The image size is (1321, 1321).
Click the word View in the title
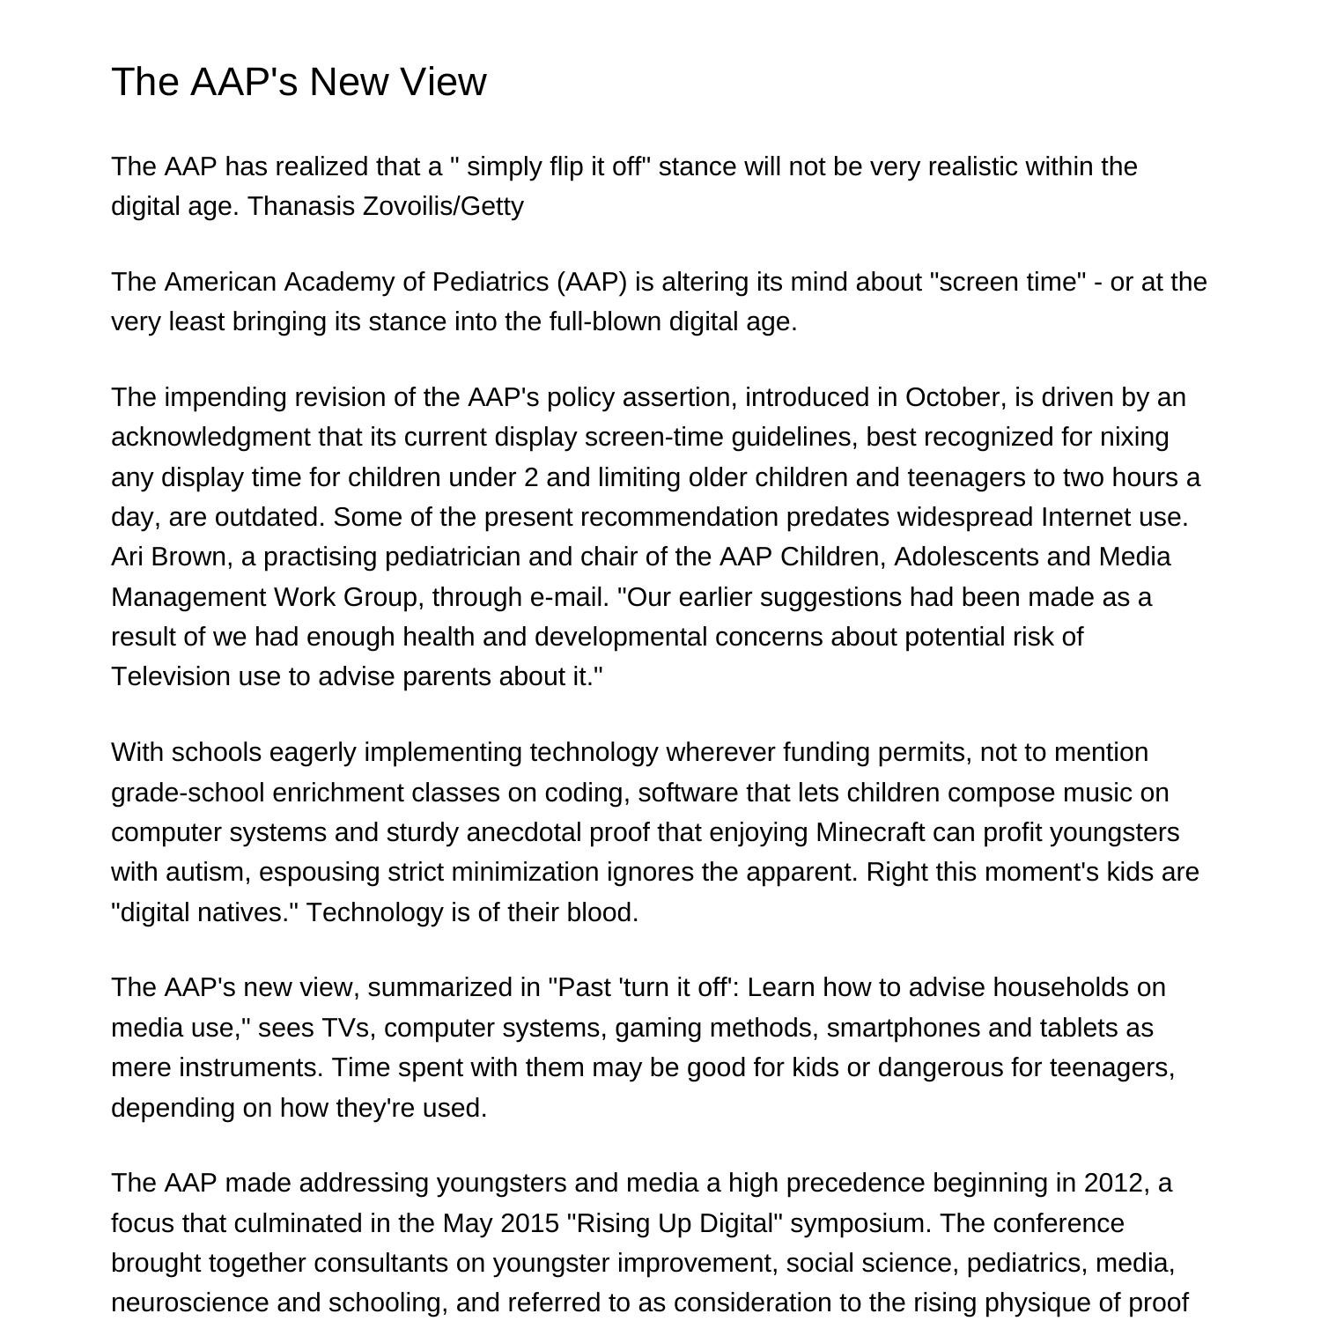click(x=442, y=82)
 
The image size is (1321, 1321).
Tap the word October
click(x=954, y=397)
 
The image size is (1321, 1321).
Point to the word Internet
click(x=1087, y=517)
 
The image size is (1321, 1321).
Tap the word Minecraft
click(x=870, y=832)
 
